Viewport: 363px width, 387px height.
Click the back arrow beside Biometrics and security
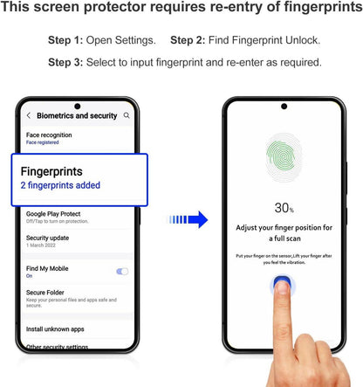[x=29, y=115]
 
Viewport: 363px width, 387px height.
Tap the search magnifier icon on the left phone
[x=127, y=115]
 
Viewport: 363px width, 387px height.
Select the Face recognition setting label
[x=49, y=135]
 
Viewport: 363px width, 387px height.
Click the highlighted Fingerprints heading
[x=51, y=171]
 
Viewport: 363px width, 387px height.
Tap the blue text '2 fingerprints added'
[x=60, y=185]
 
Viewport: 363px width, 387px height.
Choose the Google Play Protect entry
[x=53, y=214]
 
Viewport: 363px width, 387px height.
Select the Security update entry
[x=47, y=238]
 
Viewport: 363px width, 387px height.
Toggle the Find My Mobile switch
[x=122, y=272]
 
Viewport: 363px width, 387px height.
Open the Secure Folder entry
[x=45, y=293]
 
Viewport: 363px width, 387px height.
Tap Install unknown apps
[x=55, y=329]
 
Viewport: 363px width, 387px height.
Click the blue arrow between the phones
[x=188, y=219]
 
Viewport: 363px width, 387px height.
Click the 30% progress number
[x=284, y=208]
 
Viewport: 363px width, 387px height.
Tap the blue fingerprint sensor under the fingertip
[x=283, y=283]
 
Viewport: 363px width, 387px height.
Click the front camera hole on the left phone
[x=78, y=107]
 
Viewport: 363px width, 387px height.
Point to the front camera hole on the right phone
[x=284, y=107]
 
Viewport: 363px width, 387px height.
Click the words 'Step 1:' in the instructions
[x=65, y=40]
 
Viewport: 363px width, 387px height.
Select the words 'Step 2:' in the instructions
[x=188, y=40]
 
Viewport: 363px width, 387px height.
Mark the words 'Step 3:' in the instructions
[x=65, y=62]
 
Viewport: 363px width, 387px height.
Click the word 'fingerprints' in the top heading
[x=323, y=7]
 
